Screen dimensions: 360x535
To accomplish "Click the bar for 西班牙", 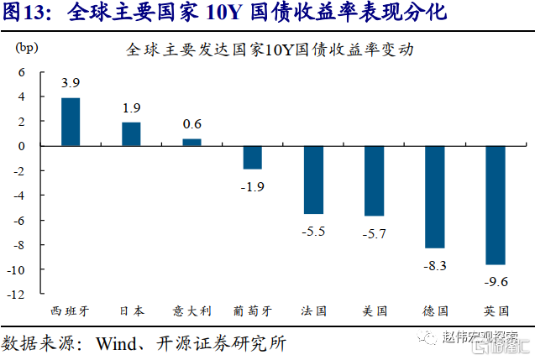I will [x=71, y=122].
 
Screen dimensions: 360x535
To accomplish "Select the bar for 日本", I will [x=131, y=134].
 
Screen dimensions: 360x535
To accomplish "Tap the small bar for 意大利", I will [x=191, y=142].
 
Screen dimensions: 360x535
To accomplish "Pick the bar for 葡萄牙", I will [x=252, y=157].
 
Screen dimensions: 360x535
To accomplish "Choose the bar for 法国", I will [x=312, y=180].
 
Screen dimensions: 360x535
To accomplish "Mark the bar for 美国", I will [x=374, y=180].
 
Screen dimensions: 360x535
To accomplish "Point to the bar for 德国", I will [x=434, y=196].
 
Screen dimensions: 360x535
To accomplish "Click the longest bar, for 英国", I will [x=495, y=205].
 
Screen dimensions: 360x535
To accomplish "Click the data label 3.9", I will [x=71, y=83].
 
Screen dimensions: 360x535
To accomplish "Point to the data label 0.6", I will [x=191, y=124].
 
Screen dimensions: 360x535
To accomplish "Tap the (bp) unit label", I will [x=28, y=47].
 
